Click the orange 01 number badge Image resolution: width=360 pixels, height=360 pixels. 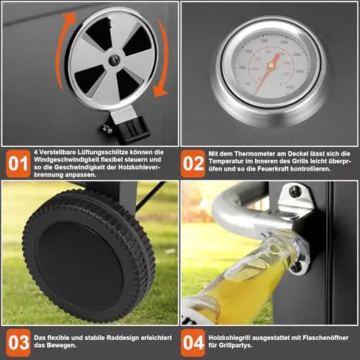tap(19, 164)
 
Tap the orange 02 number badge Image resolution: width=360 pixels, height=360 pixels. tap(193, 164)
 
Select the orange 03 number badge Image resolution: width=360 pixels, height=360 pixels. tap(19, 343)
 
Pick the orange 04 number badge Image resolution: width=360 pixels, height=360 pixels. tap(193, 343)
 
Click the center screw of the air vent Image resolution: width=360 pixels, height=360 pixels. tap(114, 60)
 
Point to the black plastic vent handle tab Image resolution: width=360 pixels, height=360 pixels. tap(132, 129)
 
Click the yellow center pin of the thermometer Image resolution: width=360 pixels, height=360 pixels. tap(271, 65)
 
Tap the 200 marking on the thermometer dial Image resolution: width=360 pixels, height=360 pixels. tap(264, 40)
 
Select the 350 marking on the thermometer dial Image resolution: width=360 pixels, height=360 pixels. tap(300, 71)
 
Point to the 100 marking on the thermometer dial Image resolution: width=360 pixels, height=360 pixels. tap(242, 67)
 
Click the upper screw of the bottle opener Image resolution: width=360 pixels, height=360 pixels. tap(295, 192)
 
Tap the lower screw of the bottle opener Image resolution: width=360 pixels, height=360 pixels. tap(297, 267)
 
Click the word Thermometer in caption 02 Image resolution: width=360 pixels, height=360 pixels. tap(255, 154)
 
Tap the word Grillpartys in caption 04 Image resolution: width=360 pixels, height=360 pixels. tap(236, 346)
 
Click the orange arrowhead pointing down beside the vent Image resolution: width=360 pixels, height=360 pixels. tap(160, 91)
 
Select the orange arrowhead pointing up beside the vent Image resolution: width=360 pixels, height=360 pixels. tap(69, 17)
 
